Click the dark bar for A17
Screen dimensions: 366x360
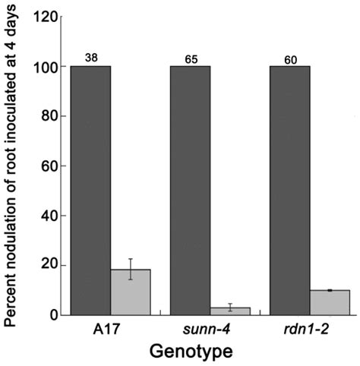pos(91,190)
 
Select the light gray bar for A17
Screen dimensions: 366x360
pos(131,292)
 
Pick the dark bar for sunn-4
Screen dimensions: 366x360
pos(190,190)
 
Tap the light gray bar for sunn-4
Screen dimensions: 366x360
pos(230,311)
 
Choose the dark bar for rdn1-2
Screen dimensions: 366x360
pos(290,190)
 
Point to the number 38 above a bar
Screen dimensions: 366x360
pos(91,58)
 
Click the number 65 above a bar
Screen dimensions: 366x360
pos(190,58)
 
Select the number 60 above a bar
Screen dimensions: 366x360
pos(290,58)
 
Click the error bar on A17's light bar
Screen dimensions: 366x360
pos(131,269)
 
